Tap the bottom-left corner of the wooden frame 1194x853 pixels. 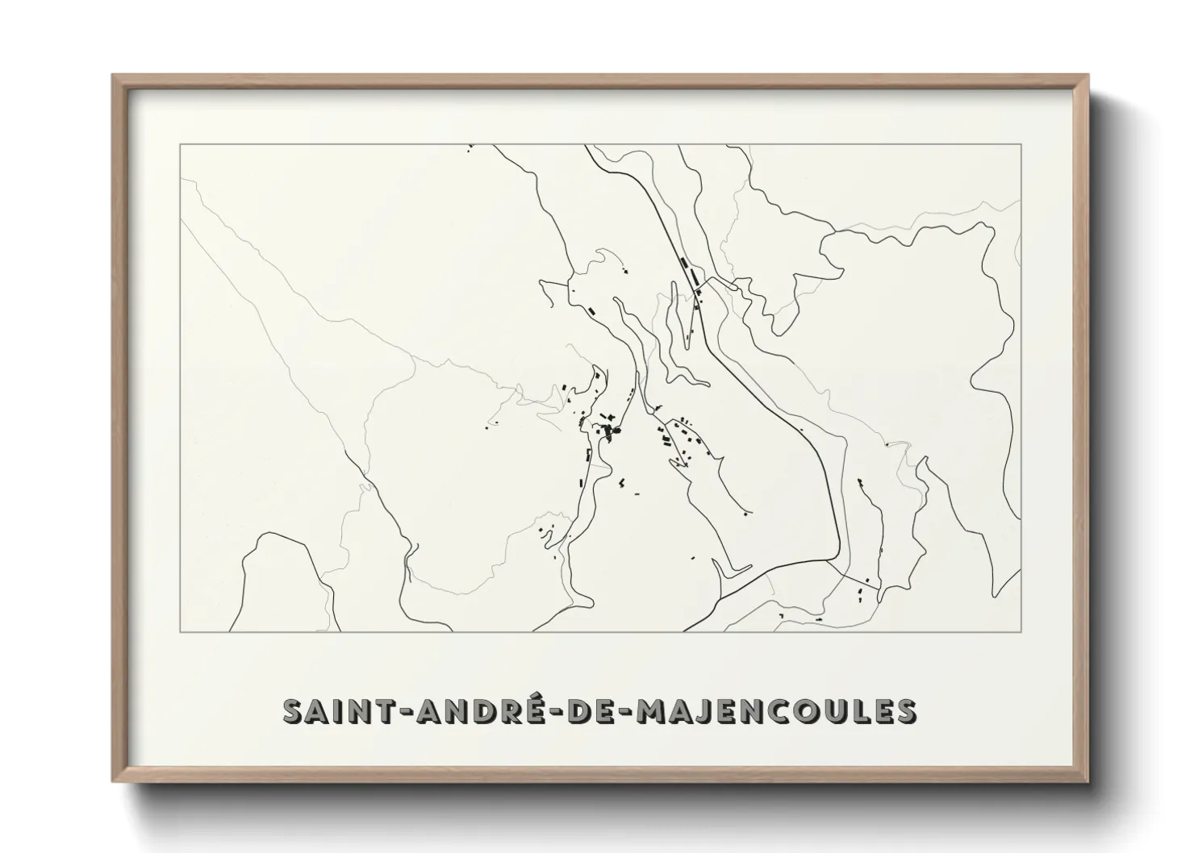113,781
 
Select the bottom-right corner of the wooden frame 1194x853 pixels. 1088,781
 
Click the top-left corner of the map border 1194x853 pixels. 180,144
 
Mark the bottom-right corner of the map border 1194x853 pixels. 1021,631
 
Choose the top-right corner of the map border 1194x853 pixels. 1021,144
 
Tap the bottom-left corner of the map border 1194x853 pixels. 180,631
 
